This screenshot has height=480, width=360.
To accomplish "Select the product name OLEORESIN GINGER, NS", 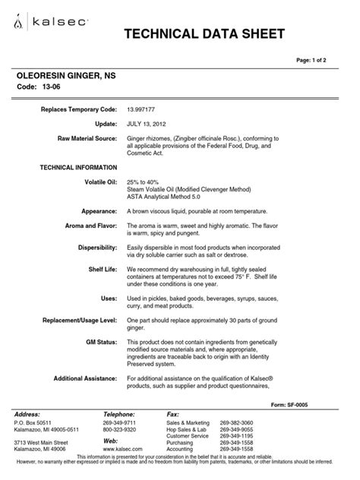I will [67, 78].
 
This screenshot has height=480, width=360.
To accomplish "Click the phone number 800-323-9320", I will [119, 429].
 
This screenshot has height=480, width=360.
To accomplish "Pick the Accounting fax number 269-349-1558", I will [237, 449].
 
